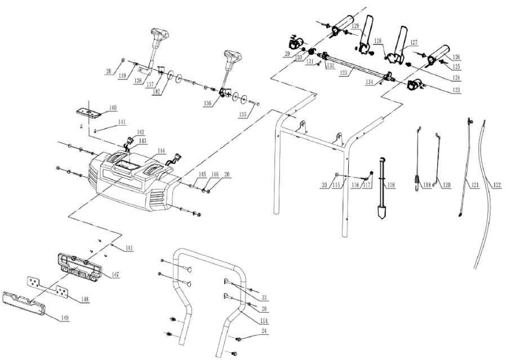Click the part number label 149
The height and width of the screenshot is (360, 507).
tap(65, 318)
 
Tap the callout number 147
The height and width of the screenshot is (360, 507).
tap(115, 274)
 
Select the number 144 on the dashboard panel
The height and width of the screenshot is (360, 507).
tap(161, 151)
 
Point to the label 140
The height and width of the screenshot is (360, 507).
tap(113, 108)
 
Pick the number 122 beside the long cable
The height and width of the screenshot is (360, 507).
tap(496, 184)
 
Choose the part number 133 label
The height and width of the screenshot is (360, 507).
tap(343, 73)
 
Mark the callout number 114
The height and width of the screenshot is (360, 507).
tap(264, 321)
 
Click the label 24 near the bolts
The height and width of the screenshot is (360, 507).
tap(264, 332)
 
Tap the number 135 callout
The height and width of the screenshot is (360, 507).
tap(243, 114)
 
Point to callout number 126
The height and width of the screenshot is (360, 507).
tap(456, 57)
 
